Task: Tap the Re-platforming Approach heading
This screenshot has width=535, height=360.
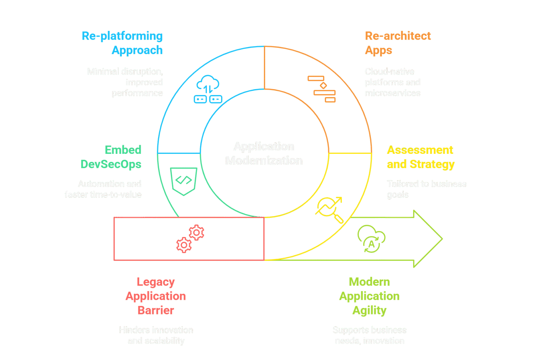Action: click(122, 43)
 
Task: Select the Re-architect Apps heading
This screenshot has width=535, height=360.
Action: click(397, 43)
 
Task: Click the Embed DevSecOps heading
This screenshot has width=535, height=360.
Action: click(111, 157)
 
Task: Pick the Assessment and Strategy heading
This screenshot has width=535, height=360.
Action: click(420, 157)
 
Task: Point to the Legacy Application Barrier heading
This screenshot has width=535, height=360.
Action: click(156, 296)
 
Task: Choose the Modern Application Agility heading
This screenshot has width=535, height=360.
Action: click(369, 296)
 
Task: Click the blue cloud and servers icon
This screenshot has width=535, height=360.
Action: click(208, 89)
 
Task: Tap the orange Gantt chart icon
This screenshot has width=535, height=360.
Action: click(322, 89)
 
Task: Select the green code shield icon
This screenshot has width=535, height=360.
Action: click(184, 181)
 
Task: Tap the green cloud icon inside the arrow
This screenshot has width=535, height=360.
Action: click(371, 238)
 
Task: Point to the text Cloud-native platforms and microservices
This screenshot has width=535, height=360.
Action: click(393, 82)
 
